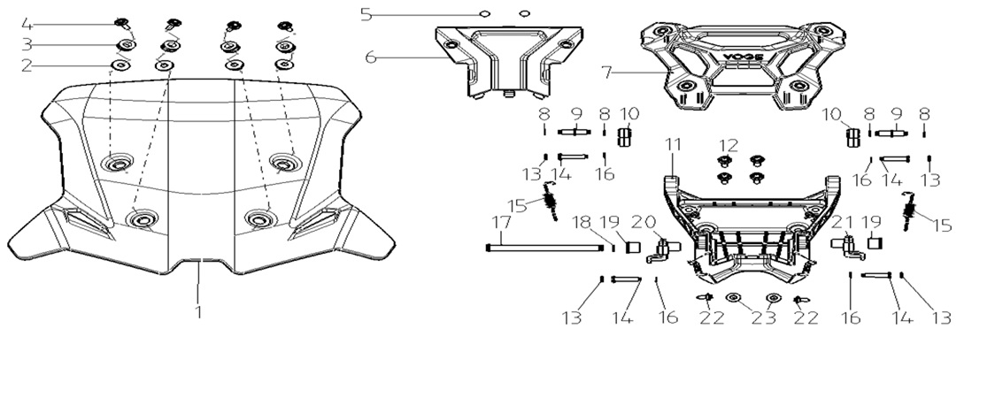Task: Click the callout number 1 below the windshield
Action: tap(199, 311)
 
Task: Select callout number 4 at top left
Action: tap(26, 24)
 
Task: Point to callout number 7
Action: tap(607, 73)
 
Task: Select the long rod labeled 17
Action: tap(544, 248)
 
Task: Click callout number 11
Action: tap(673, 145)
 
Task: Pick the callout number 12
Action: tap(729, 145)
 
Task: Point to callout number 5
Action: tap(366, 14)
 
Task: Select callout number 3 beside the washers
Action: tap(26, 43)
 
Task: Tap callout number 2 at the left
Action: tap(26, 65)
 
